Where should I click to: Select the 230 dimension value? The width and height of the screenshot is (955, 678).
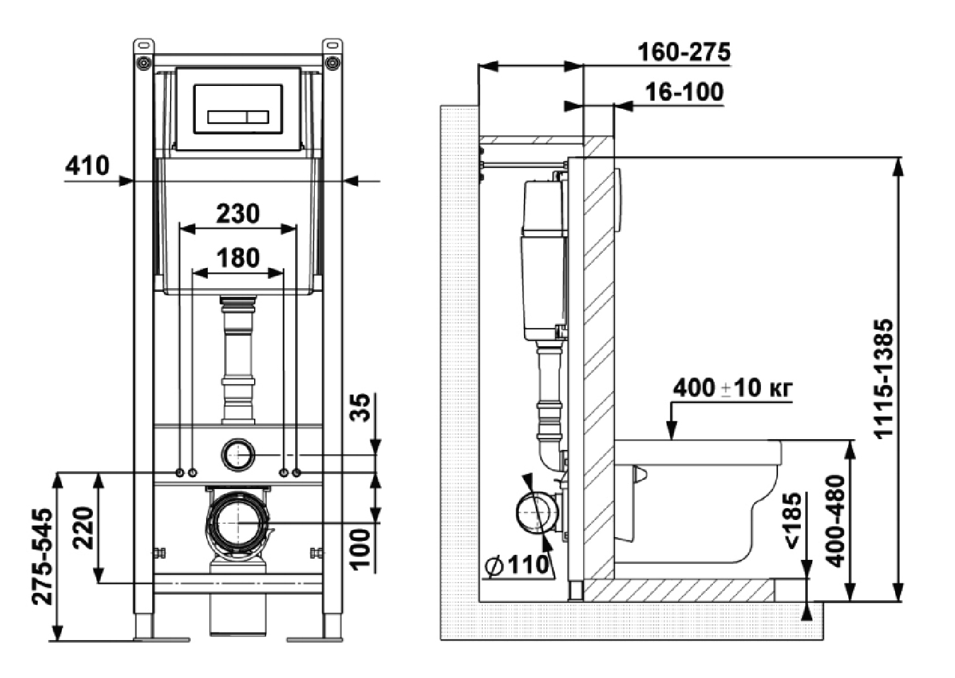pyautogui.click(x=238, y=214)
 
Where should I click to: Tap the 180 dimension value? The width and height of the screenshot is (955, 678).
pyautogui.click(x=238, y=258)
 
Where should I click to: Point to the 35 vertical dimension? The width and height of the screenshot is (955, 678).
pyautogui.click(x=360, y=408)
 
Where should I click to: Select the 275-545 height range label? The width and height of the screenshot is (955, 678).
pyautogui.click(x=43, y=556)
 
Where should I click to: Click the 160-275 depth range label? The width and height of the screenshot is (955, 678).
pyautogui.click(x=683, y=52)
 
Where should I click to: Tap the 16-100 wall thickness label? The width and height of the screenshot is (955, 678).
pyautogui.click(x=684, y=92)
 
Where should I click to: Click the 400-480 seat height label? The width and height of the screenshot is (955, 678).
pyautogui.click(x=835, y=521)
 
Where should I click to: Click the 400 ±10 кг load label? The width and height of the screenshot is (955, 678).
pyautogui.click(x=732, y=387)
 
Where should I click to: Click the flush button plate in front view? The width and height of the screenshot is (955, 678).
pyautogui.click(x=238, y=109)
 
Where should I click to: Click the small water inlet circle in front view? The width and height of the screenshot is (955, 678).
pyautogui.click(x=238, y=454)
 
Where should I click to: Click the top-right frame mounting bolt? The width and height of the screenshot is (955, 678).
pyautogui.click(x=332, y=63)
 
